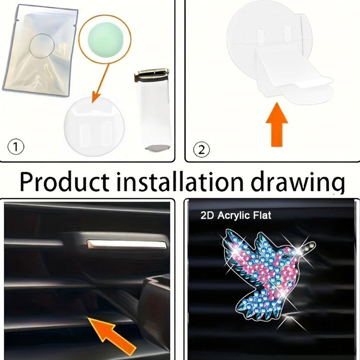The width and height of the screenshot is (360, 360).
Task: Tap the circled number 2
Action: tap(201, 150)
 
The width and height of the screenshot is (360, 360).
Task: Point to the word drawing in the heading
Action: tap(298, 183)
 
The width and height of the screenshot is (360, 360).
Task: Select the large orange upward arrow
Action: tap(277, 124)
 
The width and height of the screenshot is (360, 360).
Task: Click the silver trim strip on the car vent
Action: tap(126, 244)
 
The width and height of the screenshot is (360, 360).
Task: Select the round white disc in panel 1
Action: tap(94, 126)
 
